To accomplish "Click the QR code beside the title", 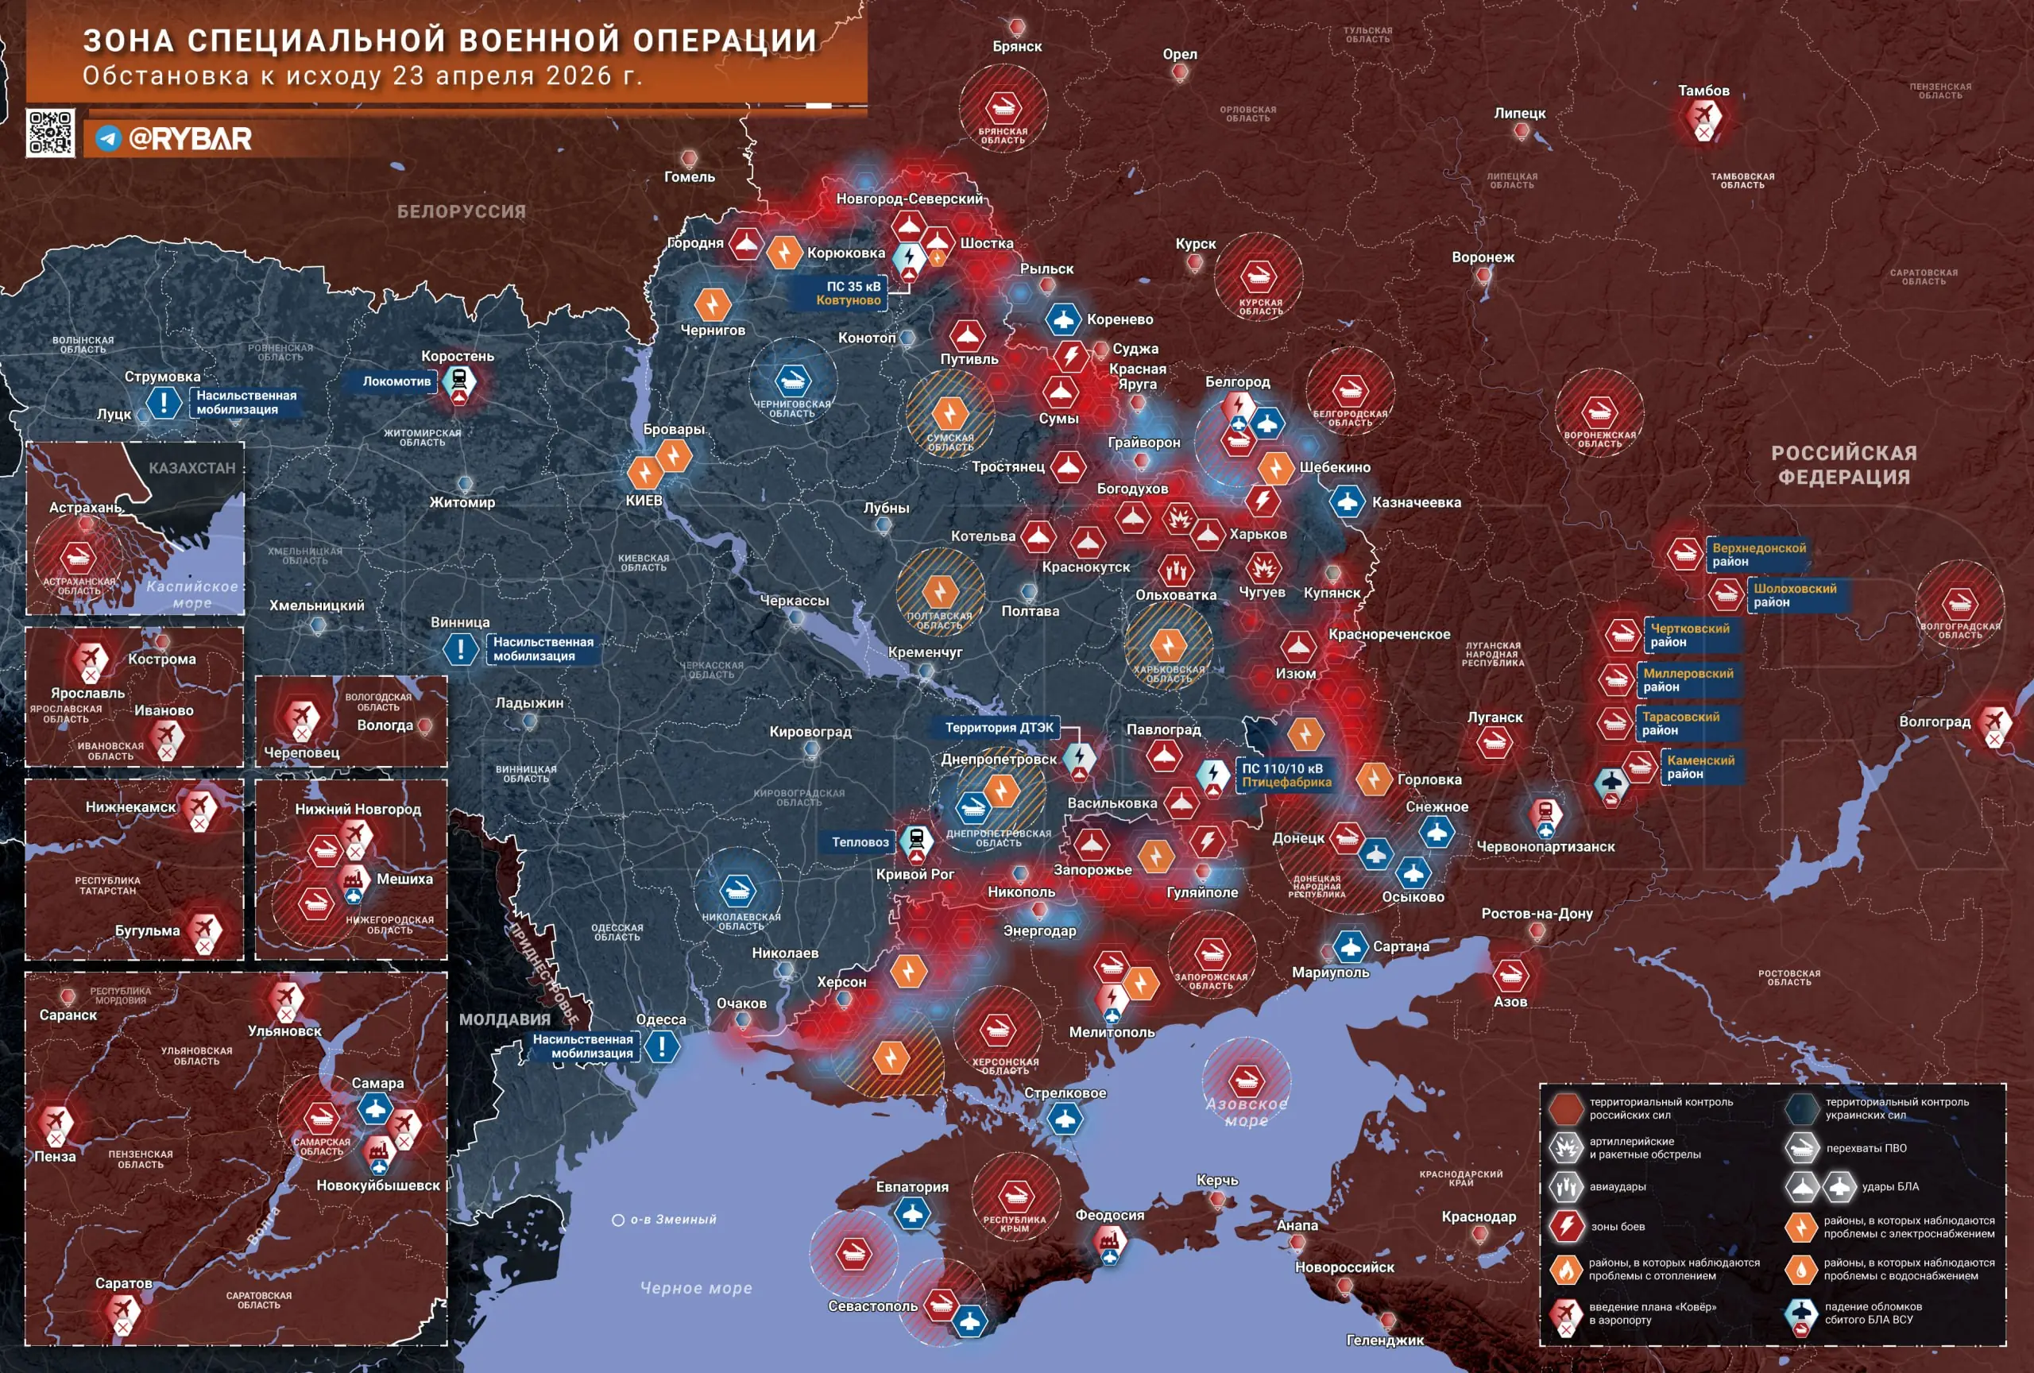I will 50,133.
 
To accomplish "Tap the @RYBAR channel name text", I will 189,138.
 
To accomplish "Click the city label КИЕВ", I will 644,501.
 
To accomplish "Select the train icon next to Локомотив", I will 458,381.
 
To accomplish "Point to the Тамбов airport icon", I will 1703,114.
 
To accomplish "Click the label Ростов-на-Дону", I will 1536,913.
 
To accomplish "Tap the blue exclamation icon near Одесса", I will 663,1046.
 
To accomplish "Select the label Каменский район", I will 1700,767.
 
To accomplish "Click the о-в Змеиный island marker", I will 618,1220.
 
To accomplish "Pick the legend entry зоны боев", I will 1617,1226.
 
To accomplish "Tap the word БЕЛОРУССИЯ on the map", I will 462,212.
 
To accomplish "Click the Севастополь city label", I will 872,1305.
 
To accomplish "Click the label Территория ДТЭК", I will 999,727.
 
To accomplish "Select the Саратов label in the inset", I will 123,1283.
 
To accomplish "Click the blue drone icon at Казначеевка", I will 1347,502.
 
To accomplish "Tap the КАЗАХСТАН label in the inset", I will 191,468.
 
